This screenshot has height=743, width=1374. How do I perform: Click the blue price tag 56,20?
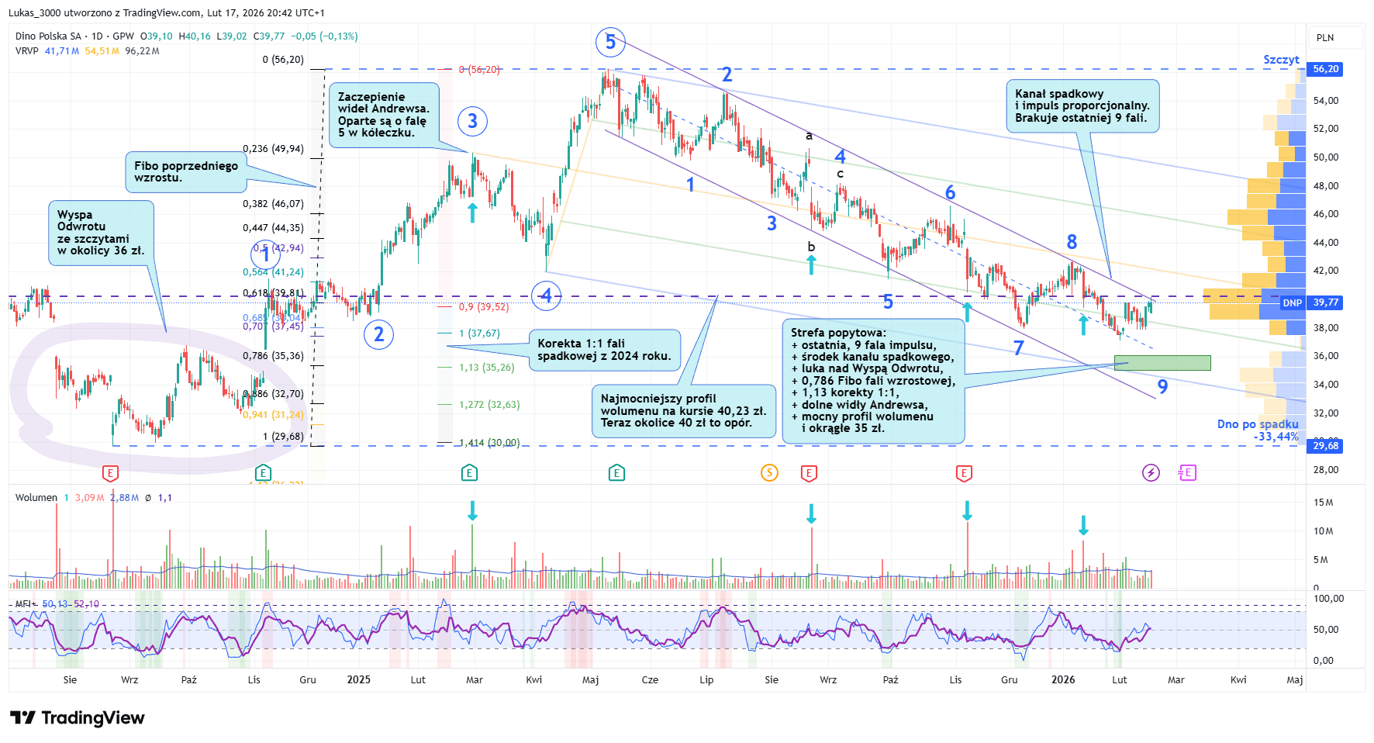pyautogui.click(x=1325, y=69)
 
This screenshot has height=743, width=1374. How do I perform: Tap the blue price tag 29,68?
pyautogui.click(x=1325, y=446)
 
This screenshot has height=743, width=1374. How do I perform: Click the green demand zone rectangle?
pyautogui.click(x=1162, y=362)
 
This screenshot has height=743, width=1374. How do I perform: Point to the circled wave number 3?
pyautogui.click(x=472, y=121)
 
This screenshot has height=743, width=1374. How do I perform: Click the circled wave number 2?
pyautogui.click(x=378, y=334)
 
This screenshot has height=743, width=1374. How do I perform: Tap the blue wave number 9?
pyautogui.click(x=1162, y=386)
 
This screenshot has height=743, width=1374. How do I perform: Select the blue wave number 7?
pyautogui.click(x=1019, y=348)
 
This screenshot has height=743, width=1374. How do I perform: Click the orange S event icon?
pyautogui.click(x=769, y=472)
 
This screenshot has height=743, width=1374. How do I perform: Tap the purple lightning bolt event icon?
pyautogui.click(x=1151, y=472)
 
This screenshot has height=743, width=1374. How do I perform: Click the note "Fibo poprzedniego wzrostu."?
pyautogui.click(x=185, y=171)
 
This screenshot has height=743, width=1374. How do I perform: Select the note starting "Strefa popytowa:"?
pyautogui.click(x=873, y=381)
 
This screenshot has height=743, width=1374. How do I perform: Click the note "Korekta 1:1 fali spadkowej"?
pyautogui.click(x=604, y=350)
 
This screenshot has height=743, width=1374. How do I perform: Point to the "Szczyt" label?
pyautogui.click(x=1281, y=60)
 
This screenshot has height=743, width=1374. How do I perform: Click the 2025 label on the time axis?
pyautogui.click(x=358, y=680)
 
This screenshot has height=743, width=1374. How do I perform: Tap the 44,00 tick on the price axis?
pyautogui.click(x=1325, y=242)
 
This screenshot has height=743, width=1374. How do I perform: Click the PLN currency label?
pyautogui.click(x=1325, y=37)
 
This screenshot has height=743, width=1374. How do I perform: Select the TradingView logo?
pyautogui.click(x=78, y=718)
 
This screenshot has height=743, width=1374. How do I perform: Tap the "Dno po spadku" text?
pyautogui.click(x=1257, y=424)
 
